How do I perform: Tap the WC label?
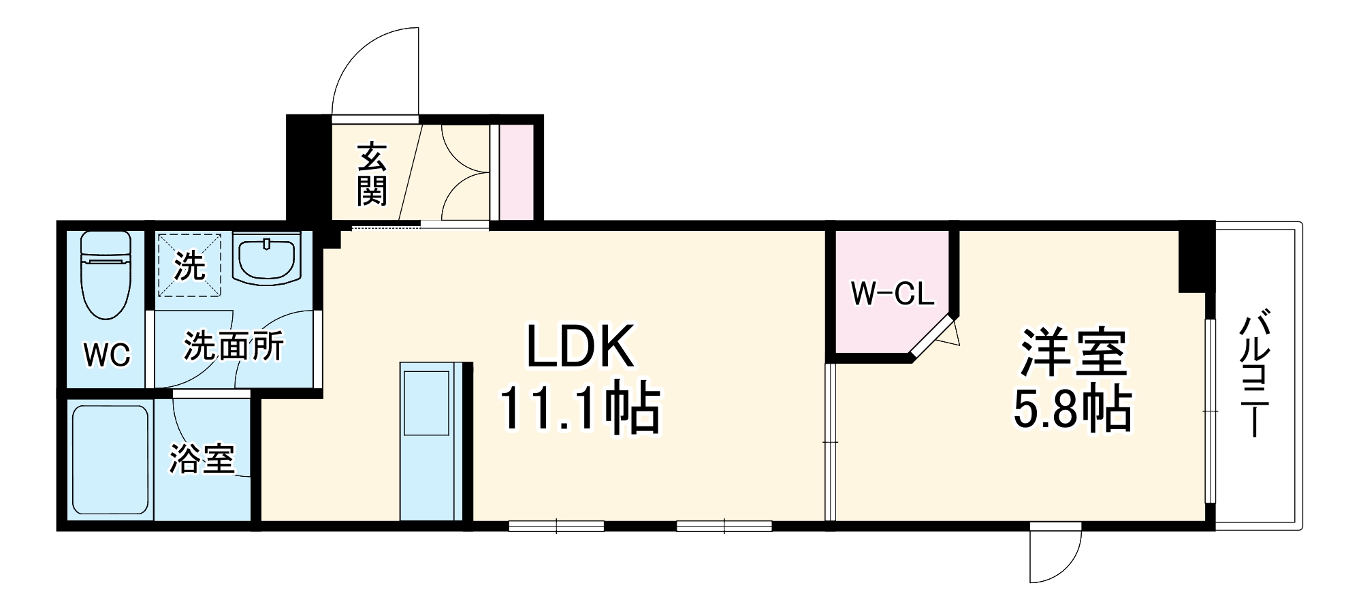click(x=107, y=355)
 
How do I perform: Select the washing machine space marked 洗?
click(x=189, y=266)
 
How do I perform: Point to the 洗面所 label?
click(x=234, y=347)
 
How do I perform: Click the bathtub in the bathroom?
click(x=110, y=460)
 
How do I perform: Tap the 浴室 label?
click(x=202, y=458)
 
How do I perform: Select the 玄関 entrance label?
click(x=372, y=174)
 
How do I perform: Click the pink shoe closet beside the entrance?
click(x=517, y=172)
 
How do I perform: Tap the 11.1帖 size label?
click(x=580, y=410)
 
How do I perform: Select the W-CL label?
click(x=892, y=294)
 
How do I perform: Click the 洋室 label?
click(x=1072, y=352)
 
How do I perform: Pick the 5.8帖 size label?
click(x=1072, y=409)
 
